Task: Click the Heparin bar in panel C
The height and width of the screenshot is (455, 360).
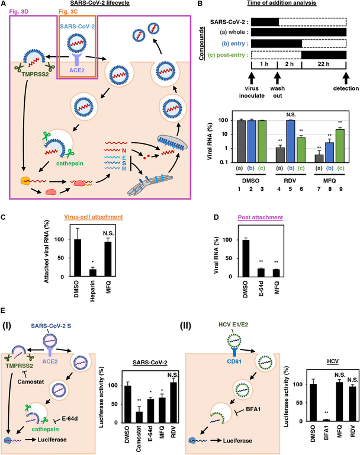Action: pyautogui.click(x=92, y=273)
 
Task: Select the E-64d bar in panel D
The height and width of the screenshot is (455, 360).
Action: pyautogui.click(x=261, y=273)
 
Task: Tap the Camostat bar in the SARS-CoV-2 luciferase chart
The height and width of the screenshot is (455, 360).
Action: pyautogui.click(x=139, y=417)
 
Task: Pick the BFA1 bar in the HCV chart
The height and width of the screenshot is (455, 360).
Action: pyautogui.click(x=326, y=420)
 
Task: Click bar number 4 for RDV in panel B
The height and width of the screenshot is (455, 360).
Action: pyautogui.click(x=279, y=155)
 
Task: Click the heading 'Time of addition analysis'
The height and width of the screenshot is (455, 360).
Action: pyautogui.click(x=281, y=3)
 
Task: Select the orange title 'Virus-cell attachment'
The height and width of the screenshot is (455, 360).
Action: pyautogui.click(x=94, y=217)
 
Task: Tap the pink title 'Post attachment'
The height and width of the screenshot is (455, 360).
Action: pyautogui.click(x=260, y=217)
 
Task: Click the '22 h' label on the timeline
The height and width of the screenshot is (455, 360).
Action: pyautogui.click(x=323, y=64)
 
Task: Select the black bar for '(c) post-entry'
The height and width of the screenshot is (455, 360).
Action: pyautogui.click(x=324, y=55)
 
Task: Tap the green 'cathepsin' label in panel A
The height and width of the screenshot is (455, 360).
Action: pyautogui.click(x=70, y=164)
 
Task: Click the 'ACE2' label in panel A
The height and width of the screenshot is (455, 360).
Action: pyautogui.click(x=77, y=71)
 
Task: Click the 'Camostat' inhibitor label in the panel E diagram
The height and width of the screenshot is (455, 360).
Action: pyautogui.click(x=31, y=382)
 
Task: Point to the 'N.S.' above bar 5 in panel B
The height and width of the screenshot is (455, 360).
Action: pyautogui.click(x=291, y=114)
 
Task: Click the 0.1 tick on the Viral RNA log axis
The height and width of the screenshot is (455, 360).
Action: pyautogui.click(x=223, y=162)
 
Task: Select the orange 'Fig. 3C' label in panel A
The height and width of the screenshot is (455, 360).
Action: pyautogui.click(x=68, y=12)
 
